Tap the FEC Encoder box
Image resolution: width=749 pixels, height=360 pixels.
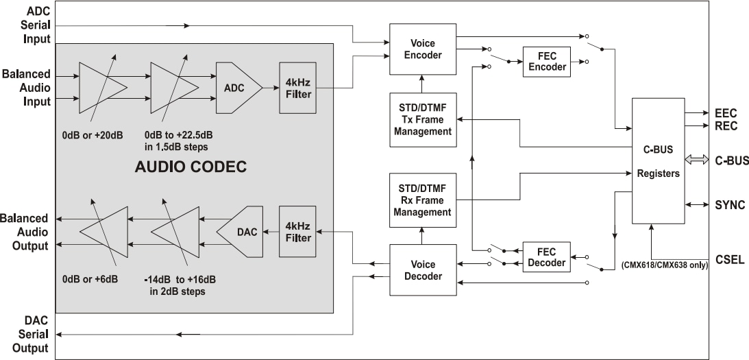pyautogui.click(x=548, y=62)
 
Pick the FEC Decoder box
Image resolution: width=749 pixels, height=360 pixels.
pyautogui.click(x=548, y=257)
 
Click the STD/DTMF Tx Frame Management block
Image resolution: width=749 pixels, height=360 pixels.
pyautogui.click(x=421, y=119)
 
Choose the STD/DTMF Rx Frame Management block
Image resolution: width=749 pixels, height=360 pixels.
pyautogui.click(x=421, y=200)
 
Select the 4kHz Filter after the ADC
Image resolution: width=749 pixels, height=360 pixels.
pyautogui.click(x=297, y=88)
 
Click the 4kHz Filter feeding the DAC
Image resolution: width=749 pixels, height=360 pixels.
pyautogui.click(x=297, y=232)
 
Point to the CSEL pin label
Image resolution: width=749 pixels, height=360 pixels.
pyautogui.click(x=729, y=260)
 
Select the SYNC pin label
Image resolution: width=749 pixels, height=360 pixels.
pyautogui.click(x=729, y=205)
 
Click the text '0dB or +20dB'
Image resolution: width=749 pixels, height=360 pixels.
pyautogui.click(x=92, y=134)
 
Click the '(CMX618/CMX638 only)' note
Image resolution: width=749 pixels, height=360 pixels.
pyautogui.click(x=664, y=264)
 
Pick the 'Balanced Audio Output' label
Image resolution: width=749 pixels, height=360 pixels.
pyautogui.click(x=25, y=232)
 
